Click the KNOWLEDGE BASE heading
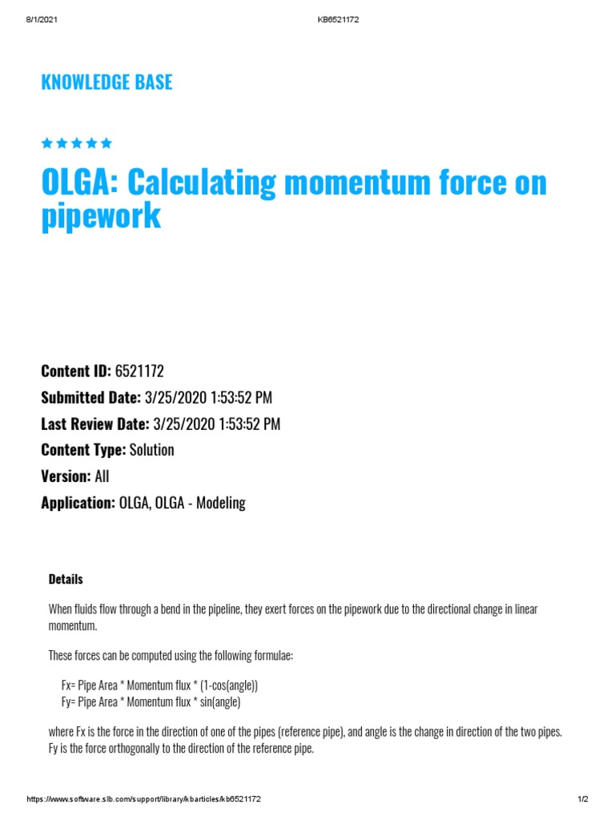pyautogui.click(x=107, y=82)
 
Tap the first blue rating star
pyautogui.click(x=46, y=143)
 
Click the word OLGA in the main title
pyautogui.click(x=77, y=183)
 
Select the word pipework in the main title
pyautogui.click(x=101, y=216)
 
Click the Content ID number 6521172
pyautogui.click(x=139, y=371)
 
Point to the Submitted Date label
pyautogui.click(x=90, y=397)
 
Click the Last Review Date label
pyautogui.click(x=94, y=424)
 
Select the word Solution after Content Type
pyautogui.click(x=151, y=450)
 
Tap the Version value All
pyautogui.click(x=102, y=476)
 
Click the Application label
pyautogui.click(x=78, y=503)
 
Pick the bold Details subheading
pyautogui.click(x=66, y=579)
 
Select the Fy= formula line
pyautogui.click(x=151, y=702)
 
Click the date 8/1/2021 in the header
pyautogui.click(x=41, y=19)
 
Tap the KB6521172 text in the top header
pyautogui.click(x=338, y=19)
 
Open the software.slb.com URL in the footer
pyautogui.click(x=144, y=799)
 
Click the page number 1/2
pyautogui.click(x=583, y=799)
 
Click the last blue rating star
pyautogui.click(x=107, y=143)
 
